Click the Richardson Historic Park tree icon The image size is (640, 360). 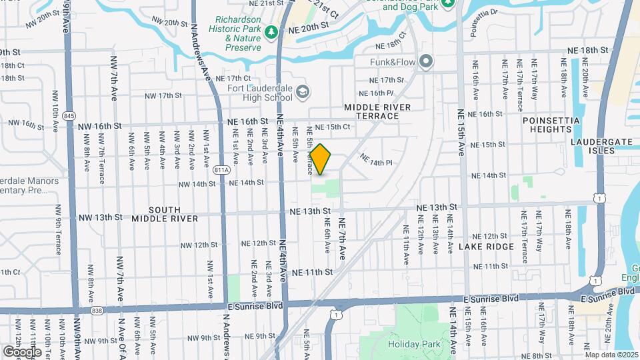coord(271,32)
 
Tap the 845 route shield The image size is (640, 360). coord(69,115)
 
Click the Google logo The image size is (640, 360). coord(22,351)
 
